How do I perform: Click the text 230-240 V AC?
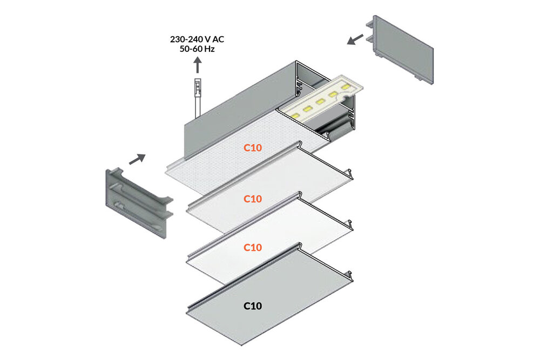pos(197,39)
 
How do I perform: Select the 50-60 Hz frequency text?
pos(197,49)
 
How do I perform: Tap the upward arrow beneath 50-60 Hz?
pos(198,65)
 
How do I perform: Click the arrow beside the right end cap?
pos(355,39)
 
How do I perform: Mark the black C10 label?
pos(252,306)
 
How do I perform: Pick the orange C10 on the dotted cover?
pos(252,147)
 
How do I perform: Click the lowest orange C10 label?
pos(252,247)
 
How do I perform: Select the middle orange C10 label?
pos(252,199)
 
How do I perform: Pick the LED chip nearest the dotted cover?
pos(295,114)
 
